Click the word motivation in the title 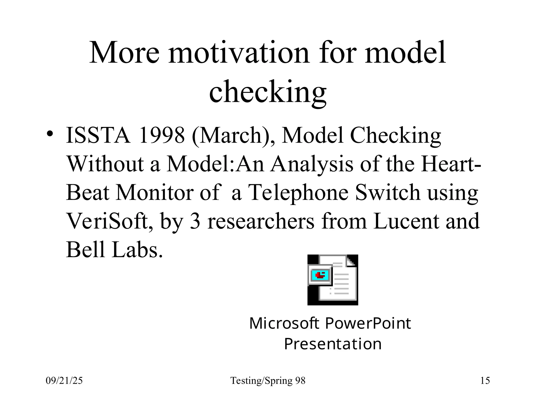pos(238,53)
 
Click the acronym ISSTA pos(98,135)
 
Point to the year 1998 pos(162,135)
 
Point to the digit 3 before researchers pos(195,221)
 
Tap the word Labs pos(137,250)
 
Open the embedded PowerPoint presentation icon pos(332,280)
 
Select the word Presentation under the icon pos(332,344)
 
